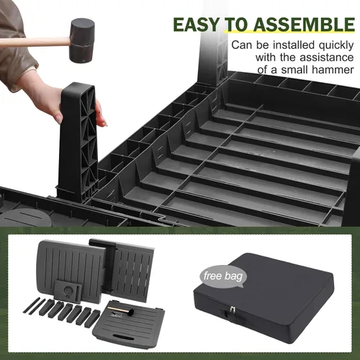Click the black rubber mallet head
(x=82, y=40)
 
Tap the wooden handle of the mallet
(x=35, y=42)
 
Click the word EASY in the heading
(x=196, y=25)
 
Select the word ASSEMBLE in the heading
(x=304, y=25)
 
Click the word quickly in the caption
(x=336, y=45)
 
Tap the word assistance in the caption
(x=327, y=58)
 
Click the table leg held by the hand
(x=78, y=142)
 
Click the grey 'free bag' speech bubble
(x=222, y=276)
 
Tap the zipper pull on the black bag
(x=232, y=309)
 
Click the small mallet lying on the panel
(x=121, y=310)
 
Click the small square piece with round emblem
(x=68, y=290)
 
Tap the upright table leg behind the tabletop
(x=213, y=60)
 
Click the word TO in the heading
(x=236, y=25)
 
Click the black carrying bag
(x=264, y=297)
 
